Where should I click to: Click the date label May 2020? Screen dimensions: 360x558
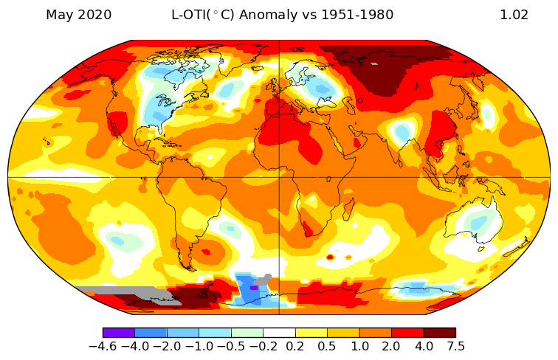(x=78, y=15)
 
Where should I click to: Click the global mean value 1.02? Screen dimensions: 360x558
(x=514, y=15)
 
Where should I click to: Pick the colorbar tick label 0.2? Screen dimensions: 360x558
(x=295, y=345)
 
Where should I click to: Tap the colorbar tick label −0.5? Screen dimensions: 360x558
(x=231, y=345)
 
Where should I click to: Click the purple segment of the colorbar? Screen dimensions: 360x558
(x=119, y=332)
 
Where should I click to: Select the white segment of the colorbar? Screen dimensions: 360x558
(x=279, y=332)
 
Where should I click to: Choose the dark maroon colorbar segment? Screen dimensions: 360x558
(x=439, y=332)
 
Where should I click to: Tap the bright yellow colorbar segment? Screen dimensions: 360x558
(x=311, y=332)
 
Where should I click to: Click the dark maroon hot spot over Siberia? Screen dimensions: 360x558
(x=384, y=70)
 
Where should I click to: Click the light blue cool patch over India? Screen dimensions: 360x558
(x=402, y=133)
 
